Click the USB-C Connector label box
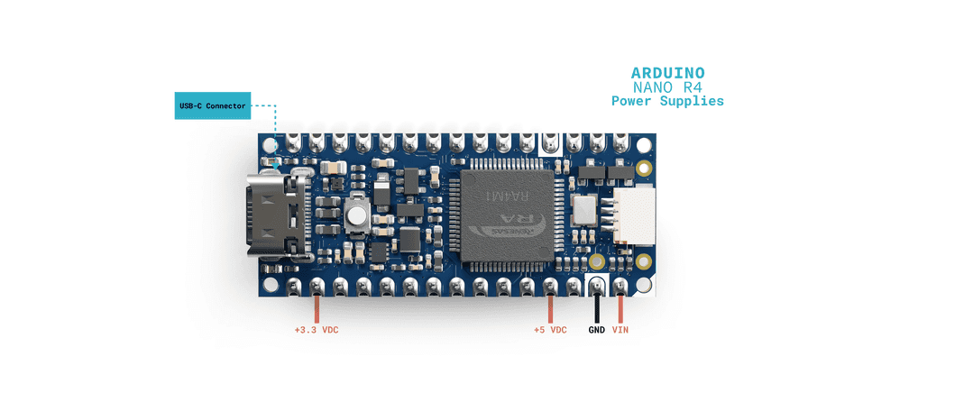point(212,105)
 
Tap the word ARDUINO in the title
point(667,73)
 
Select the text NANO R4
point(667,87)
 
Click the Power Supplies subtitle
point(667,101)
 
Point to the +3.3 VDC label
point(317,330)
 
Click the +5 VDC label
point(550,330)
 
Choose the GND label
point(597,330)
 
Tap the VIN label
point(620,330)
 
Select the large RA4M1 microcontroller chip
point(509,215)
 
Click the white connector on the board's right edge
point(635,216)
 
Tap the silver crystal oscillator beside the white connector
point(584,209)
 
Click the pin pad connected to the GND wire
point(597,288)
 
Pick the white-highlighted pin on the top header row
point(550,141)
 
